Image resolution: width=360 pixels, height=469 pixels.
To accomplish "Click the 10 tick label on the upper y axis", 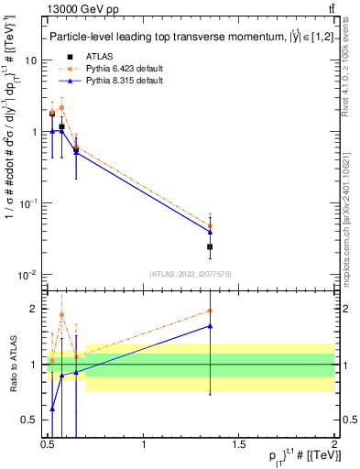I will click(31, 60).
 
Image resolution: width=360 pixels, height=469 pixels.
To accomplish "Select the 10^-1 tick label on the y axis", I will click(28, 203).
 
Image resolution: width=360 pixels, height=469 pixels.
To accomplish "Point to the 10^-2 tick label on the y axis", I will click(28, 275).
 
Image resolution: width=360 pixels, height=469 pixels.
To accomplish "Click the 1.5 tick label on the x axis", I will click(239, 446).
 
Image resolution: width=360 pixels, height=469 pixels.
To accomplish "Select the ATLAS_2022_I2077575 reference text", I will click(191, 274).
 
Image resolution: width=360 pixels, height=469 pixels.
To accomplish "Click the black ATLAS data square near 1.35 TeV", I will click(210, 246).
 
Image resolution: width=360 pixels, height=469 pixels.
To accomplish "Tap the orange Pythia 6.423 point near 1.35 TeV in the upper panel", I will click(210, 225).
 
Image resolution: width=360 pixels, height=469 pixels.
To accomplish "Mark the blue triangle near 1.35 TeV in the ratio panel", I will click(210, 326).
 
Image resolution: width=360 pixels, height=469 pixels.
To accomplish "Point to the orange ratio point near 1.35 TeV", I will click(210, 311).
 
